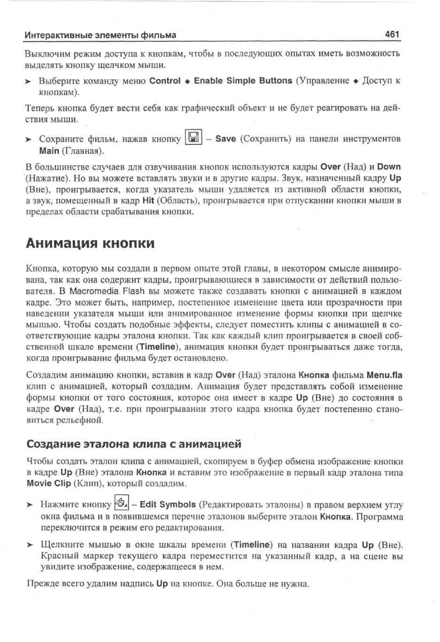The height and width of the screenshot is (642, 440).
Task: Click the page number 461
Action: [392, 35]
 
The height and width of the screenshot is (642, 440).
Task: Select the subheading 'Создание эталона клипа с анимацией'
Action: [134, 444]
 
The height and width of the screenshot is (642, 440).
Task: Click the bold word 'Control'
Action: [165, 81]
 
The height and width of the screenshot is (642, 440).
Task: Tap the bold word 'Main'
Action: [49, 151]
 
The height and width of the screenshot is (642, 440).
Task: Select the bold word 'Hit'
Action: [148, 201]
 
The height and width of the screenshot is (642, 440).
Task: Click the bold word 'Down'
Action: [389, 167]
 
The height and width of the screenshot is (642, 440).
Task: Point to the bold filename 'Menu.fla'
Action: [384, 375]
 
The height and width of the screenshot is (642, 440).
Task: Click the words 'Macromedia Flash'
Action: [107, 291]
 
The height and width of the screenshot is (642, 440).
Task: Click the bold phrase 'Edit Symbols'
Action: [168, 504]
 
